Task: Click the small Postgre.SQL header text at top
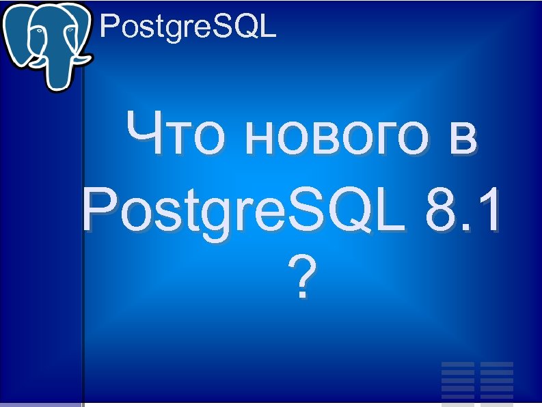point(188,27)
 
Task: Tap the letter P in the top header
point(108,27)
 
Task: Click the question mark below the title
point(301,278)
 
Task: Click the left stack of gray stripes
point(458,380)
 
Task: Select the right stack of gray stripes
point(497,380)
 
